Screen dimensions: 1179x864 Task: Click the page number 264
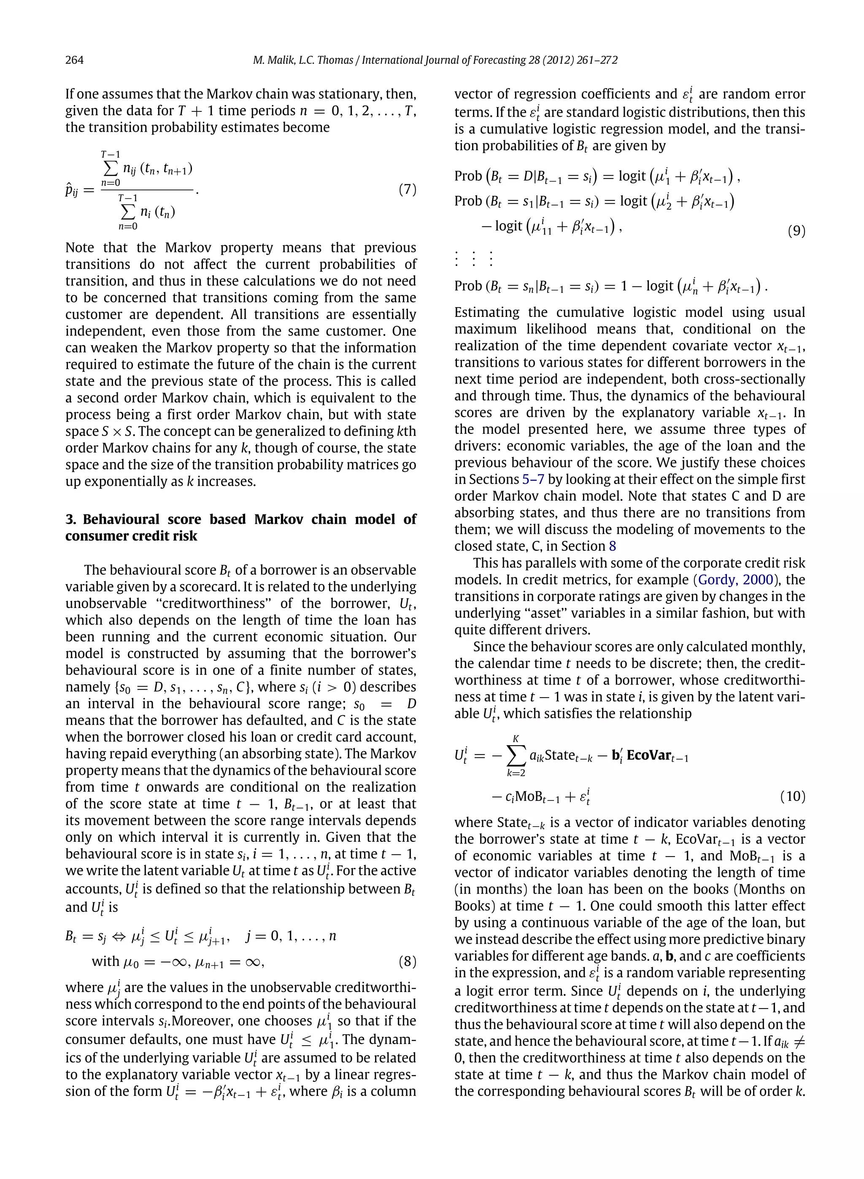click(74, 60)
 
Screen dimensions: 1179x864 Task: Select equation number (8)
click(407, 961)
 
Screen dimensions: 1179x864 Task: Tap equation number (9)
click(796, 231)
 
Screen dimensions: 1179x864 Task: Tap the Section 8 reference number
click(613, 546)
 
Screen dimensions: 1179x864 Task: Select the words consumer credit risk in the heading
click(131, 536)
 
